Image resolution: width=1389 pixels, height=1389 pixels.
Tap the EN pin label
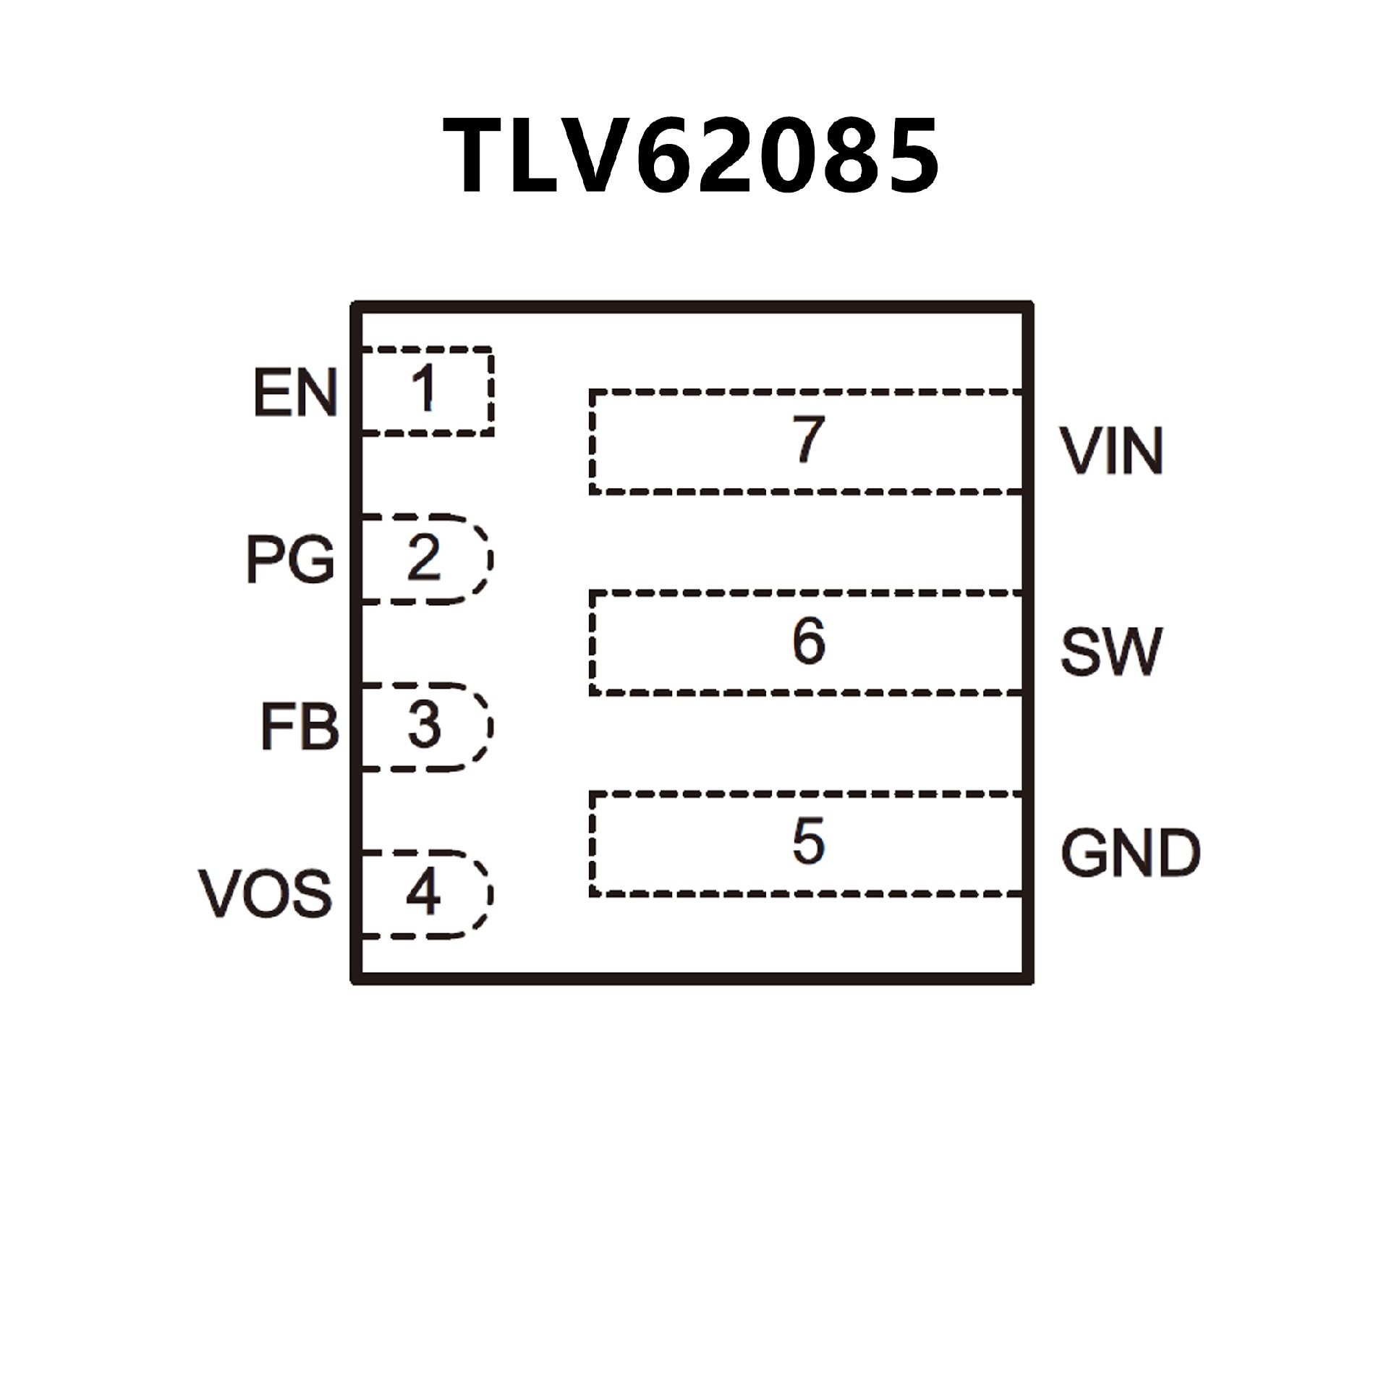pos(295,393)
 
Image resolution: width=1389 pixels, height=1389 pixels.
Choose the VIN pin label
pos(1111,451)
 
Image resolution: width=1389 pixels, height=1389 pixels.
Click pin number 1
pos(423,388)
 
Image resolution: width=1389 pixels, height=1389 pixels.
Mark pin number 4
pos(423,893)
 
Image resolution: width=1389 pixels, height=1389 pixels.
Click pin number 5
pos(808,841)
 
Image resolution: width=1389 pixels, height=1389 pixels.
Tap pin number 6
pos(808,641)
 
